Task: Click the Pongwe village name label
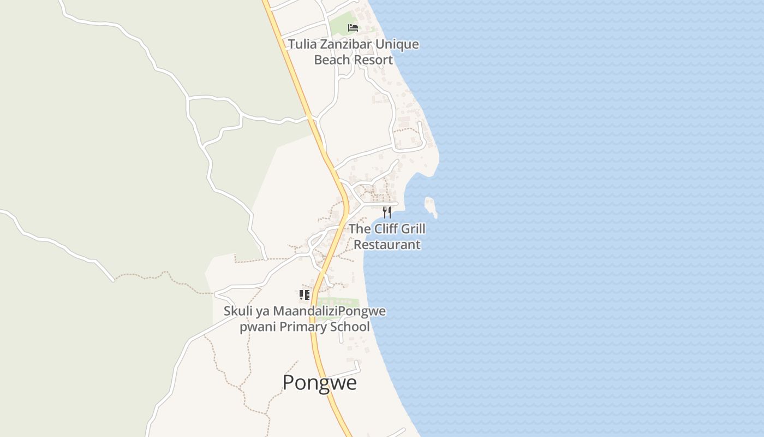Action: point(319,382)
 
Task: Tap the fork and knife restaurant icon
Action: point(387,212)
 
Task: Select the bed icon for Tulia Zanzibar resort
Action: point(353,27)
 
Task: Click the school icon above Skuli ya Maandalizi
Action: point(305,295)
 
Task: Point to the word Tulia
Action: point(302,44)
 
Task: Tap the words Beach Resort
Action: point(353,60)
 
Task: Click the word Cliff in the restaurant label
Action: point(387,229)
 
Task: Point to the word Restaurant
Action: point(387,244)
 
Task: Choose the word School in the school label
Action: point(353,327)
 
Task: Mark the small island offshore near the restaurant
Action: point(431,206)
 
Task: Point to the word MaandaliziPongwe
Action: point(329,311)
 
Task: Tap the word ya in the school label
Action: point(262,311)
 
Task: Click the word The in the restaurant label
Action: point(359,229)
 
